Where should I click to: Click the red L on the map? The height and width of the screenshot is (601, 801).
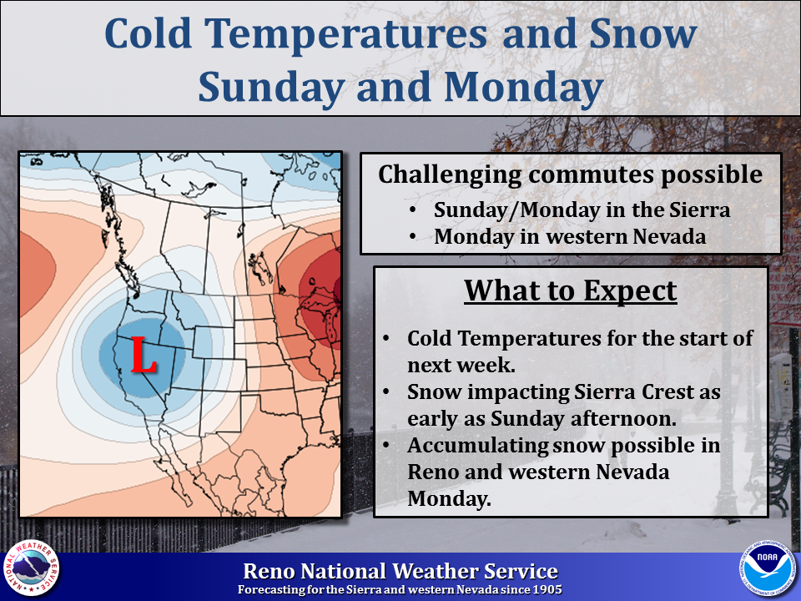(144, 355)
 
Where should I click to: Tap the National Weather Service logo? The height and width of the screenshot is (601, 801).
(31, 568)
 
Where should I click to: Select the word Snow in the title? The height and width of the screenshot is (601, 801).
(642, 34)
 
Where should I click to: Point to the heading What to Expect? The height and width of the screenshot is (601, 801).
(571, 291)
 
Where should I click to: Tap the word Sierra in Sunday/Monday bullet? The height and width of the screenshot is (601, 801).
(699, 210)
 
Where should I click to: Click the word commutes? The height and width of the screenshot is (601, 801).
(591, 174)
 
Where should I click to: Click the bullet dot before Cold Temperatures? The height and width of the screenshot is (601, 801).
(386, 339)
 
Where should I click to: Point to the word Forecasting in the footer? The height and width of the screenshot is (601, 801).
(271, 590)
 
